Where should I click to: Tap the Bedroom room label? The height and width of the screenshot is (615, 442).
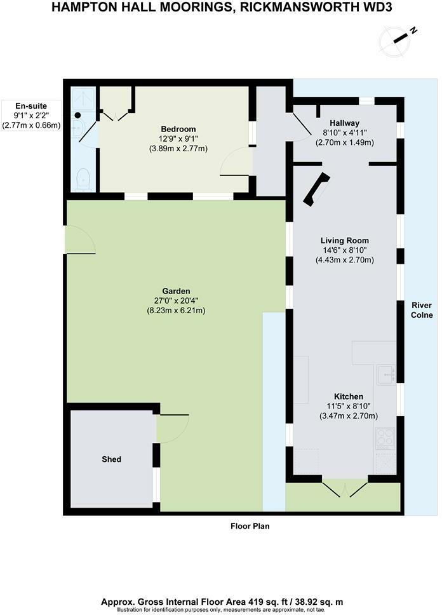178,130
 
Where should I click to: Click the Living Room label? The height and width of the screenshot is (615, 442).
344,241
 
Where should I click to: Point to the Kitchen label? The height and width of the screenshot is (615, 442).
349,396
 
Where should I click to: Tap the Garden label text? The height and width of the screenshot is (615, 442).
176,292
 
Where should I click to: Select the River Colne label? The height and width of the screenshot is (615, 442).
422,310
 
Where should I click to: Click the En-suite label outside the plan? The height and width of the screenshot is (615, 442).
30,106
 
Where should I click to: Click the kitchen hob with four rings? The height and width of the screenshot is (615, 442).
385,438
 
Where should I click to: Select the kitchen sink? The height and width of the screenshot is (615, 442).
385,375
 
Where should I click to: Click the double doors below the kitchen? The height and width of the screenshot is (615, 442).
345,490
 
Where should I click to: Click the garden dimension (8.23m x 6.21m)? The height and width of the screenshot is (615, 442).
176,311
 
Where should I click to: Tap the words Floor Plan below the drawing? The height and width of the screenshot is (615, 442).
250,526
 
